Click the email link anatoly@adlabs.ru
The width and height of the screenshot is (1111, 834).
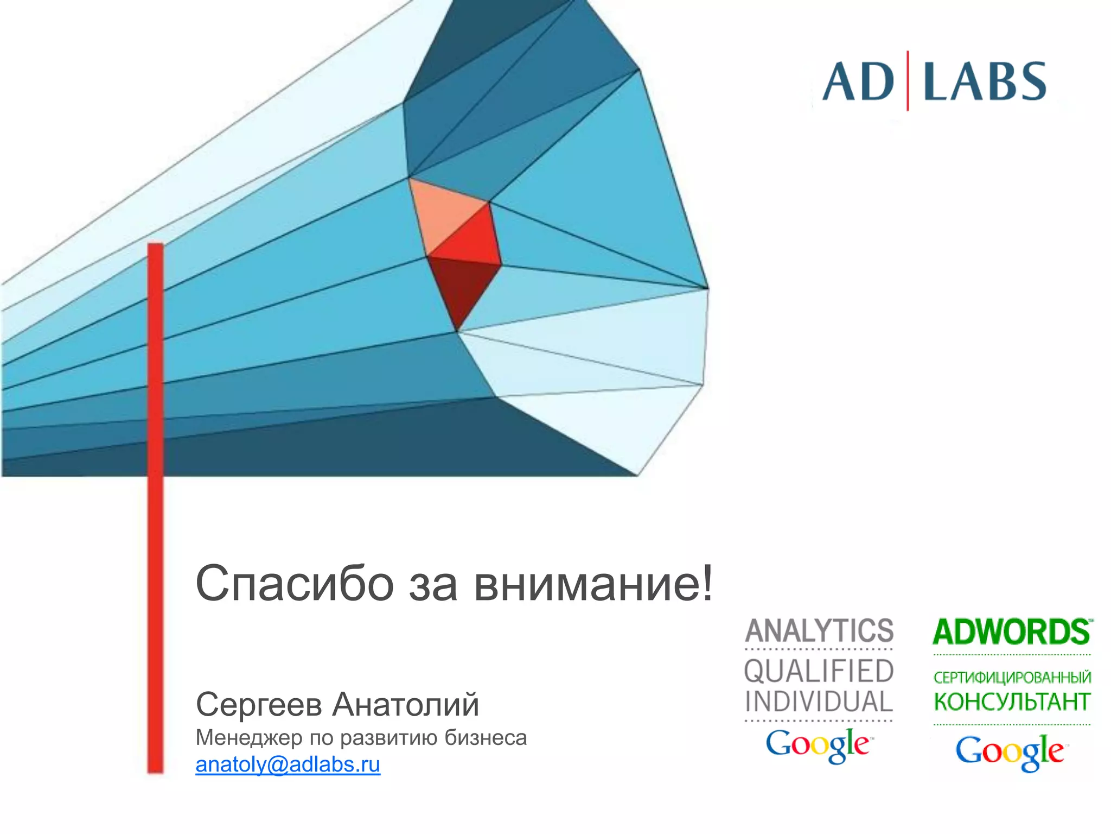click(288, 764)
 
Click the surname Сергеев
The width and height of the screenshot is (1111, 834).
click(259, 705)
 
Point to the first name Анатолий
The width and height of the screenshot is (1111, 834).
click(406, 705)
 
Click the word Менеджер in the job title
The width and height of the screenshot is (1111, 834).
click(249, 738)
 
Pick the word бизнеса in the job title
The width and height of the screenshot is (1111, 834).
click(486, 738)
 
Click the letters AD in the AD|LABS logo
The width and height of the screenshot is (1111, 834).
click(857, 83)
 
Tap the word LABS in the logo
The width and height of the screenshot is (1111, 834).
click(985, 83)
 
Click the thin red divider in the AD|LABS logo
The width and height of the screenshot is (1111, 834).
click(908, 81)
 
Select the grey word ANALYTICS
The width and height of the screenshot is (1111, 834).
click(819, 631)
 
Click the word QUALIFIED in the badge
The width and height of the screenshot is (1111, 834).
click(819, 671)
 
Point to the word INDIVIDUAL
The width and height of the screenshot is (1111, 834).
click(819, 702)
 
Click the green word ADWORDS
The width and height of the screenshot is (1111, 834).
click(1012, 632)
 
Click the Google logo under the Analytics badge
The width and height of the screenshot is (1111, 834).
click(818, 745)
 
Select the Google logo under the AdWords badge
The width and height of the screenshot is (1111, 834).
click(1010, 752)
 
